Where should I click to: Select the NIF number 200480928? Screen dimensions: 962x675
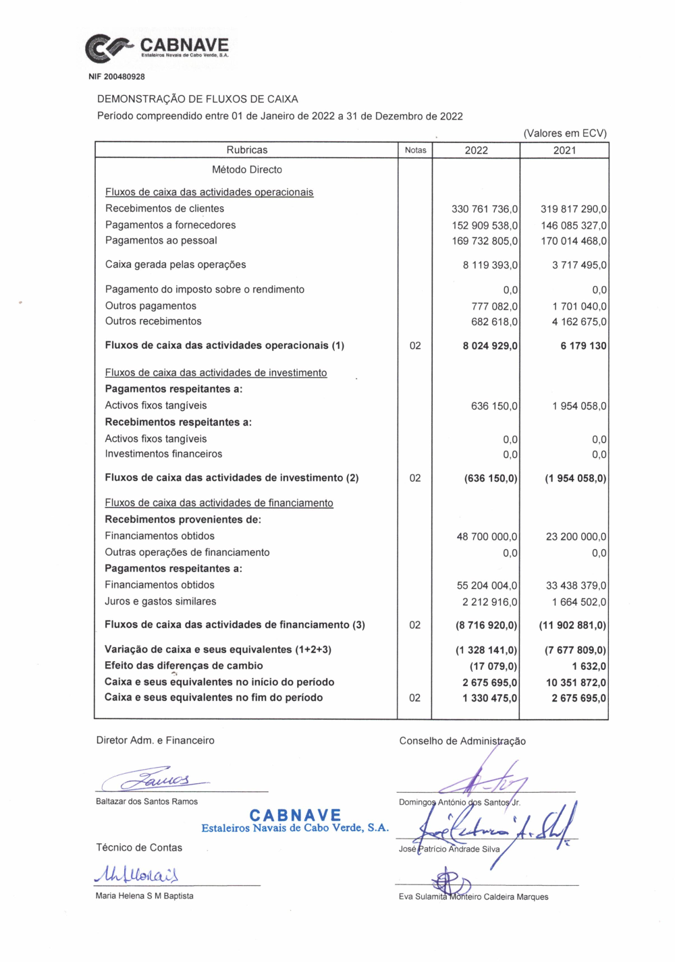(117, 77)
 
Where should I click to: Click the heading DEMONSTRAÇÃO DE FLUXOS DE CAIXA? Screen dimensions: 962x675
(198, 99)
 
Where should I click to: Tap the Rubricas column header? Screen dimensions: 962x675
(246, 150)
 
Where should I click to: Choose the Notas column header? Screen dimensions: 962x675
(415, 150)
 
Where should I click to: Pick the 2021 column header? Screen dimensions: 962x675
(564, 150)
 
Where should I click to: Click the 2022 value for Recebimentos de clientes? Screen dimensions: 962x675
(485, 209)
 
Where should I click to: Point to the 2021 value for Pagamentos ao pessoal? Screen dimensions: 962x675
(573, 241)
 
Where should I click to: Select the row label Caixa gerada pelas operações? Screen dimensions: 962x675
(175, 264)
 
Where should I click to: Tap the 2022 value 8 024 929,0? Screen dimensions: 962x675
(490, 346)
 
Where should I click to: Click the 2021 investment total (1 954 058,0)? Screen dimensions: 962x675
(575, 478)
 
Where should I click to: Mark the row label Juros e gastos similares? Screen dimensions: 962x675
(161, 601)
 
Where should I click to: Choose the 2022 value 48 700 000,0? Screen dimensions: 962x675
(487, 537)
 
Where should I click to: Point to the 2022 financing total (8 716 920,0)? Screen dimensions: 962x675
(486, 625)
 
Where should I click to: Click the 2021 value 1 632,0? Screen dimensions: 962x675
(589, 666)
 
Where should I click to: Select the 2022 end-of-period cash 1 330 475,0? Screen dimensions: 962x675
(489, 698)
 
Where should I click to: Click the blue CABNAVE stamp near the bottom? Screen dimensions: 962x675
(295, 821)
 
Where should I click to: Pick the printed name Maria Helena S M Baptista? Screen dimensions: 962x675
(144, 896)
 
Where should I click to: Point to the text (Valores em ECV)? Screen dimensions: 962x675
(564, 133)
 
